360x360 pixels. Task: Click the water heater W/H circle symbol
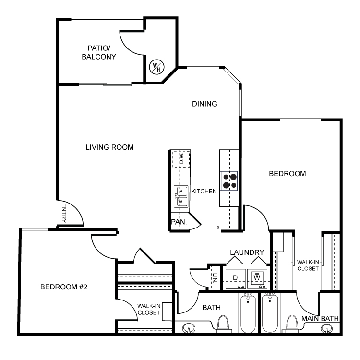pos(156,67)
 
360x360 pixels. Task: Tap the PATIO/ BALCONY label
pos(99,53)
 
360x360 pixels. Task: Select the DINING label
pos(204,104)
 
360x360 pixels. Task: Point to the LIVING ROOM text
pos(109,147)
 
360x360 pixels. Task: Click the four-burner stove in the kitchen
pos(228,181)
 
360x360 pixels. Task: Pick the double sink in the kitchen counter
pos(181,196)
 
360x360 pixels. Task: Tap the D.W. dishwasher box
pos(181,159)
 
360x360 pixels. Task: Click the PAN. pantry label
pos(179,222)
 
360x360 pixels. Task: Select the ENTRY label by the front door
pos(64,213)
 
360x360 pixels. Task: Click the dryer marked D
pos(236,279)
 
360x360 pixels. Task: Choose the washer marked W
pos(257,279)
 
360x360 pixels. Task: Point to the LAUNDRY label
pos(247,252)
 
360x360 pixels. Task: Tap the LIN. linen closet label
pos(215,278)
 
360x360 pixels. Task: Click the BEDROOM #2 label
pos(64,287)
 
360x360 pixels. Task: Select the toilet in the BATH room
pos(223,324)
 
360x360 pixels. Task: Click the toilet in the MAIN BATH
pos(292,324)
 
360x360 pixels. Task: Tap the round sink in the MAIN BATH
pos(326,328)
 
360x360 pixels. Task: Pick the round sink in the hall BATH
pos(189,328)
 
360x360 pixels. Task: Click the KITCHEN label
pos(204,192)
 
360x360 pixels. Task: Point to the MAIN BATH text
pos(320,319)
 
